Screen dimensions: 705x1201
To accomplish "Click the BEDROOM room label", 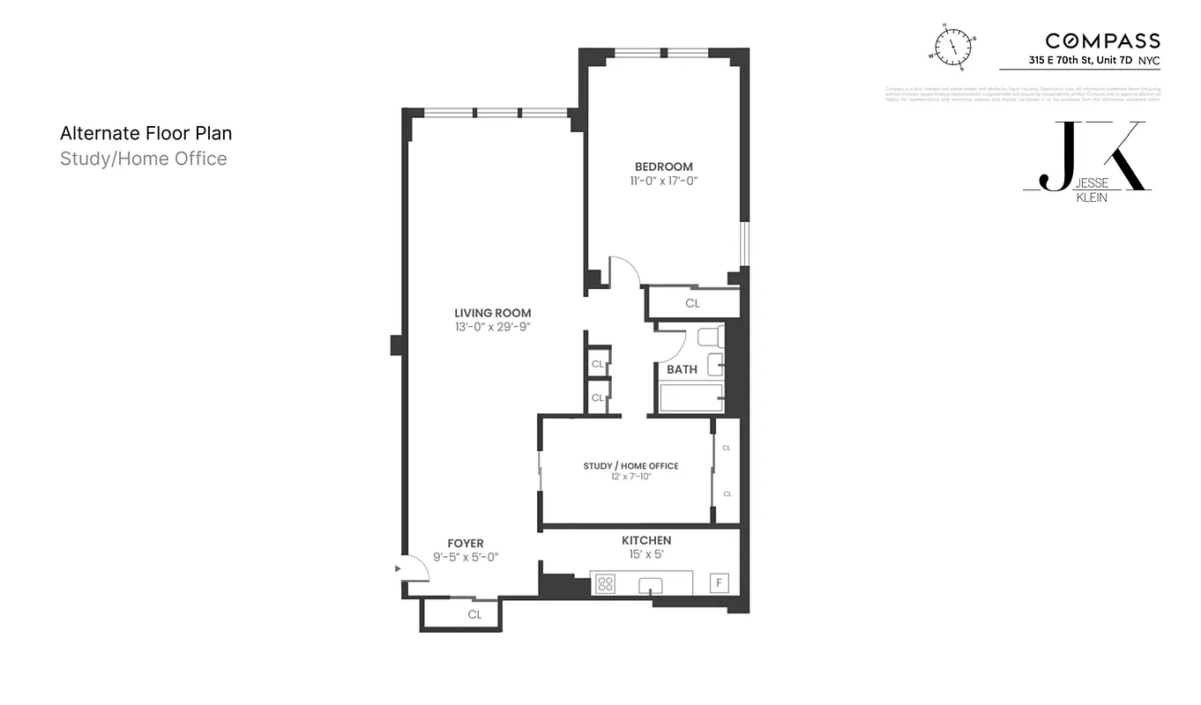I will (664, 167).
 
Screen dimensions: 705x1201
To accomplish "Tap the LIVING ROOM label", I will (493, 313).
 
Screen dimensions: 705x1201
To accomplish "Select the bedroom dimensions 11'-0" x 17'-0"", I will (664, 181).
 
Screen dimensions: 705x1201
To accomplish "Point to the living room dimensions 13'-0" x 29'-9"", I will (493, 327).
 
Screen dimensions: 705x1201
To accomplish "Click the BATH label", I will (682, 369).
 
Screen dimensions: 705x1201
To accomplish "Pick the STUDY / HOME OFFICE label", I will (630, 465).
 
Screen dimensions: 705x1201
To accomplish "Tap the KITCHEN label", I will (646, 540).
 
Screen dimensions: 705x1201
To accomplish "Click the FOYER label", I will (466, 544).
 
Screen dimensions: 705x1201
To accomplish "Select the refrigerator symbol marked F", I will (720, 583).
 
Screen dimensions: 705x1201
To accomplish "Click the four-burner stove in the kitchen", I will (605, 583).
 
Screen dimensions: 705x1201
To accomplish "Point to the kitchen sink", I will (653, 583).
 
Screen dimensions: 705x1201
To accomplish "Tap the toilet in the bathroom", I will (711, 337).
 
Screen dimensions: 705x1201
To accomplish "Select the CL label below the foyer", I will (474, 614).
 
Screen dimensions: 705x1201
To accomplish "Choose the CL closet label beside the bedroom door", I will (692, 303).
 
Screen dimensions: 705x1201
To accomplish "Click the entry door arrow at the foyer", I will (398, 568).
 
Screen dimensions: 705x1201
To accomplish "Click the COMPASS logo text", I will (1102, 41).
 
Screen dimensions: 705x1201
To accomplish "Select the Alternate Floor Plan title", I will (145, 133).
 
